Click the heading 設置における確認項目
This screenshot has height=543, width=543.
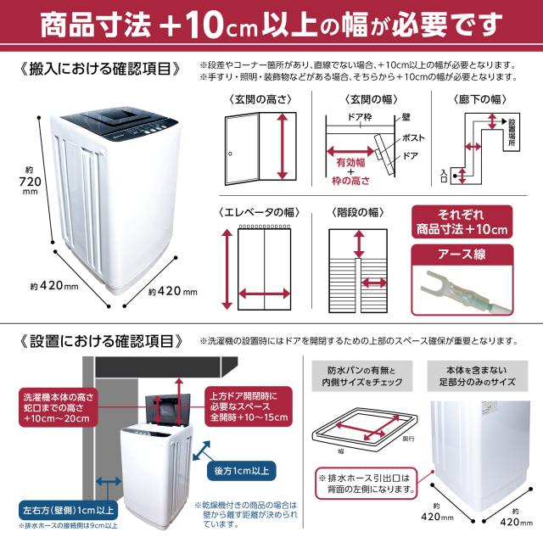tap(98, 341)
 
